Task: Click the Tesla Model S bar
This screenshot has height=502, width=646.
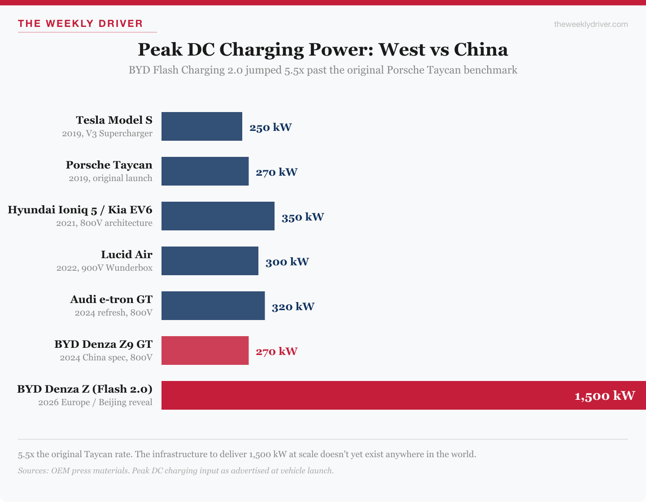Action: (202, 126)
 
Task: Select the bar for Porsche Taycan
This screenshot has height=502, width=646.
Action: (205, 171)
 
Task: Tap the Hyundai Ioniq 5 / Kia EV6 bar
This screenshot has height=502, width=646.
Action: (218, 216)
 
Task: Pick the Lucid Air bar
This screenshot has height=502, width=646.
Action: (210, 261)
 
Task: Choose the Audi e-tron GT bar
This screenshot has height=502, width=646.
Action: (213, 306)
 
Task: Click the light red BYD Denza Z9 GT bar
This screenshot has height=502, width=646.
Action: (205, 351)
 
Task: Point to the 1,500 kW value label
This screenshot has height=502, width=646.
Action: (604, 396)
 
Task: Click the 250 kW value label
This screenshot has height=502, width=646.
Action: (271, 127)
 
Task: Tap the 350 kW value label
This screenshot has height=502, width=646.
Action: (303, 217)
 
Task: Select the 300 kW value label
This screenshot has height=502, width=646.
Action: (287, 262)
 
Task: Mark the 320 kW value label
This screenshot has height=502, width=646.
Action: (293, 307)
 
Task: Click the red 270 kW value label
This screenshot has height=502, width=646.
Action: (277, 351)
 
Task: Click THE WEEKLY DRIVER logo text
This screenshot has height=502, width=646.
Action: (80, 24)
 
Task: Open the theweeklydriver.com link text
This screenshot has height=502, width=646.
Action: (591, 24)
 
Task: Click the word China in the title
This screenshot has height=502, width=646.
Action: (480, 50)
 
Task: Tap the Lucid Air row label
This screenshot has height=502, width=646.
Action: (127, 255)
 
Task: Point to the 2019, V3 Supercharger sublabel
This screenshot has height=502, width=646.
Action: (107, 134)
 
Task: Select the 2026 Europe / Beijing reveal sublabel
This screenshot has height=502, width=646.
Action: (95, 402)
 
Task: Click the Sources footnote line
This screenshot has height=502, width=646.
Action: (176, 471)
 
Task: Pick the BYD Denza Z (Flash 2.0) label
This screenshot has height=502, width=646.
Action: (85, 389)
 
